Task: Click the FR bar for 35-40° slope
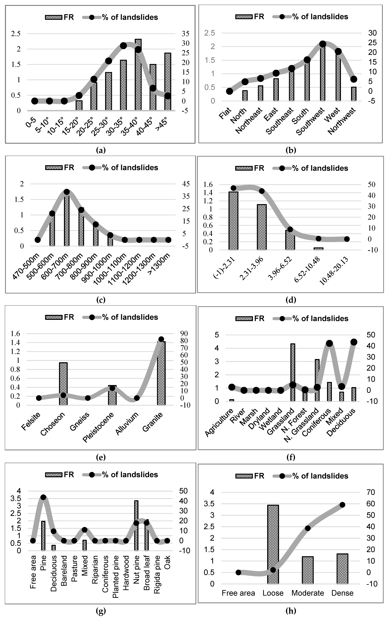(138, 77)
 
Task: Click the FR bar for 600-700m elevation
(67, 221)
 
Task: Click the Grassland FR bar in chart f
(293, 373)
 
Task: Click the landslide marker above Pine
(43, 497)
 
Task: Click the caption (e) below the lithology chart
(101, 457)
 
